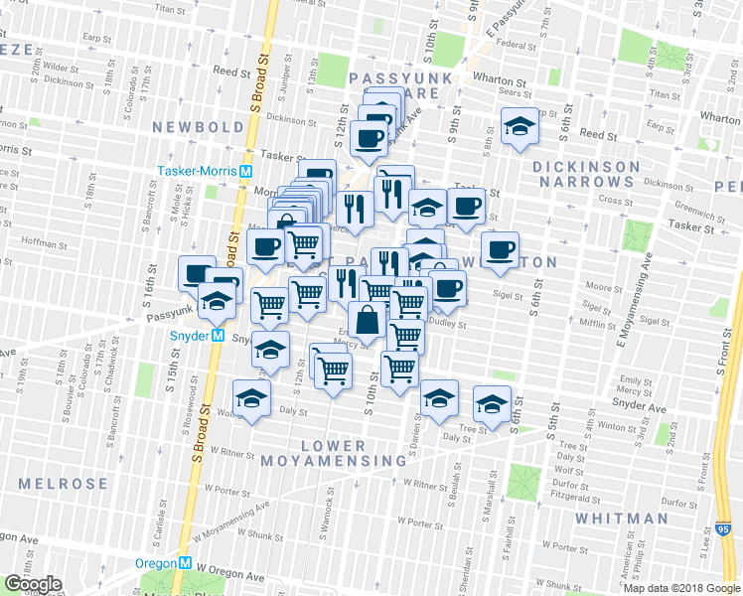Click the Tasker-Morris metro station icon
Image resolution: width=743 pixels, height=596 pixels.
[244, 171]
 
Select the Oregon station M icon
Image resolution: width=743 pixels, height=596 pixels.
[185, 563]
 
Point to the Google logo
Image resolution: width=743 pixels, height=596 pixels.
[33, 584]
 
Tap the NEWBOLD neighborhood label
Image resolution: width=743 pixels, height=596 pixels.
[198, 127]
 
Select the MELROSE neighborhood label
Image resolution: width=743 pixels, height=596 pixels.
[63, 484]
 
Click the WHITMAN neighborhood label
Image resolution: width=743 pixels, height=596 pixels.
[621, 519]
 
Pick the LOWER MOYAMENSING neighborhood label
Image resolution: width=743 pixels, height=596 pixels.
[334, 453]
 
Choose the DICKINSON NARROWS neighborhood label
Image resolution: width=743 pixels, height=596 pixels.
[583, 174]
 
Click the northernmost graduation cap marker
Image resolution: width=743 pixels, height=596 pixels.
[519, 126]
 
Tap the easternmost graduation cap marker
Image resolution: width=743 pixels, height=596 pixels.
[492, 403]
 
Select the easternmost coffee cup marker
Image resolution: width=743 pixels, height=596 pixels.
[501, 248]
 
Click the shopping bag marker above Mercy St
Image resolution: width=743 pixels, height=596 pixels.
[367, 320]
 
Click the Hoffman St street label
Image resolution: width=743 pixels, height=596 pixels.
[42, 241]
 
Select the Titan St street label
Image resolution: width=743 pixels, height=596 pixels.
[170, 8]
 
